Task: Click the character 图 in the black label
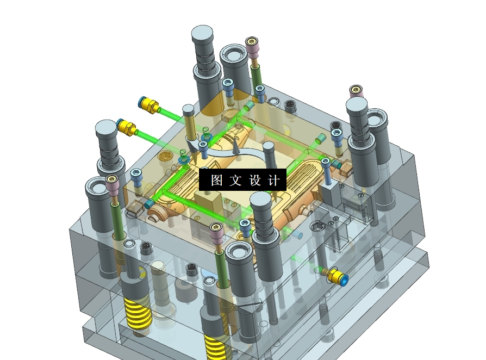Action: pos(217,180)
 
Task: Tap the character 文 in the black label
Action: pos(235,180)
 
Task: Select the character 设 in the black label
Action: pos(255,180)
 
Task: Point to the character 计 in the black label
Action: pos(274,180)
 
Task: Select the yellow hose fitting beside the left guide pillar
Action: pos(127,127)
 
